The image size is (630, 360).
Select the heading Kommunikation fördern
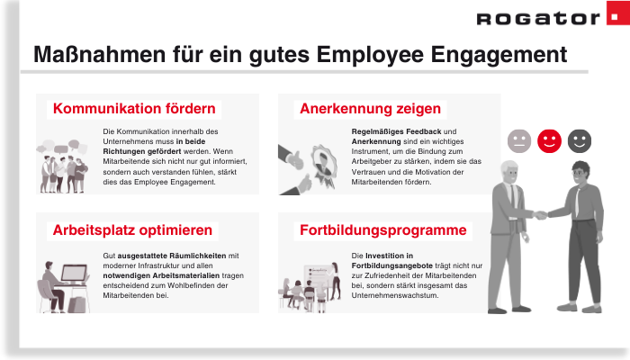pos(134,109)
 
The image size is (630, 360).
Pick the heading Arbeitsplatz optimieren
pos(132,229)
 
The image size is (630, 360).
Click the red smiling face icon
pos(549,140)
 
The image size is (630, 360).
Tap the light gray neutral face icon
pos(519,140)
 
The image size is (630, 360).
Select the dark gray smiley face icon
pos(580,140)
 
